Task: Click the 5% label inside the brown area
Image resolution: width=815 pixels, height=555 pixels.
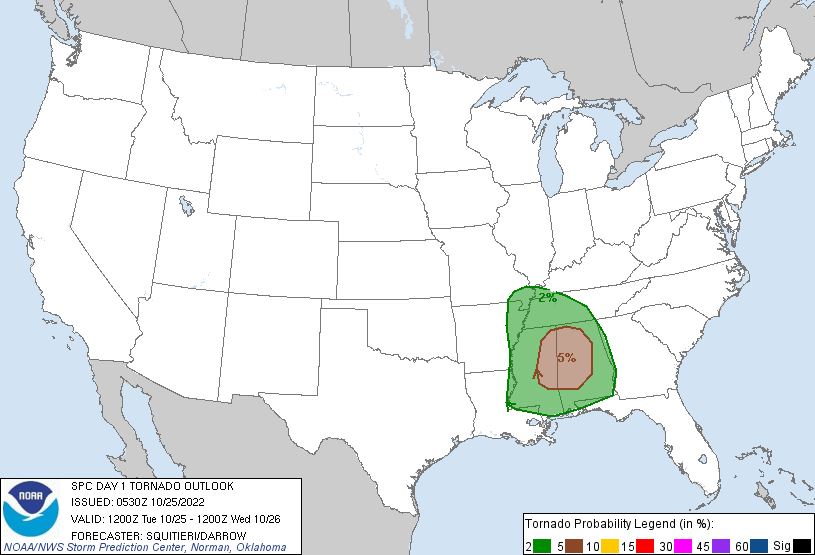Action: tap(566, 357)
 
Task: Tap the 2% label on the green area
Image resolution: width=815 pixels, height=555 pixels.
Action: tap(547, 297)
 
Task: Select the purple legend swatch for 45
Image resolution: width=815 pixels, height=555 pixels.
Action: tap(739, 544)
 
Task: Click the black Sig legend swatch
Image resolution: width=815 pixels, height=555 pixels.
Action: tap(802, 544)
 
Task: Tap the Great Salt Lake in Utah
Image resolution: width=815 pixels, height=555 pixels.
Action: tap(187, 207)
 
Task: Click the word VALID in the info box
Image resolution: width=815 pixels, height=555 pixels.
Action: tap(87, 518)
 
